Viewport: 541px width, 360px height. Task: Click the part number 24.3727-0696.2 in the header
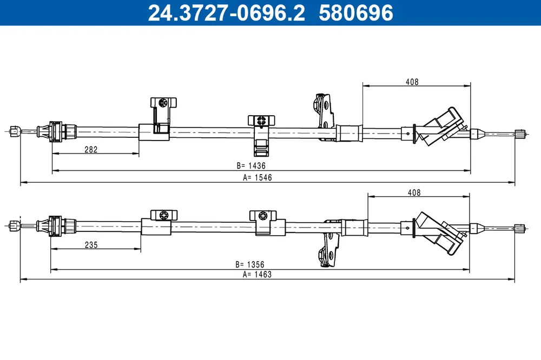[x=226, y=13]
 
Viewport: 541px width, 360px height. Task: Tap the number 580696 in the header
[x=356, y=13]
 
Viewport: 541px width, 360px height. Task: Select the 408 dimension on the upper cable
[x=412, y=82]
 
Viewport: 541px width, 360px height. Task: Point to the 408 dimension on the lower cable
[x=414, y=192]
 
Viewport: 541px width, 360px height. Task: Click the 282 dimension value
[x=91, y=149]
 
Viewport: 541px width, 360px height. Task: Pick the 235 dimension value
[x=91, y=245]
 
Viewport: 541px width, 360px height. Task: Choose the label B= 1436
[x=251, y=165]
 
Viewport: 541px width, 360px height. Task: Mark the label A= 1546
[x=258, y=177]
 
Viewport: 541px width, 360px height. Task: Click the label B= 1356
[x=250, y=264]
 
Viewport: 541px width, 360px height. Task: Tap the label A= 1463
[x=257, y=275]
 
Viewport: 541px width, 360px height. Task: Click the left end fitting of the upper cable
[x=15, y=131]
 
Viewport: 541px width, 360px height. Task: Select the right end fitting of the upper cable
[x=520, y=134]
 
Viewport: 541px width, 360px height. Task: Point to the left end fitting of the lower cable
[x=15, y=226]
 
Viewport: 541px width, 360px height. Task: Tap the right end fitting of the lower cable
[x=520, y=228]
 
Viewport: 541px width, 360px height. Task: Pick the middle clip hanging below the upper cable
[x=261, y=135]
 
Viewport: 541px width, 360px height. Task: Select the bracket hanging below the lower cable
[x=329, y=243]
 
